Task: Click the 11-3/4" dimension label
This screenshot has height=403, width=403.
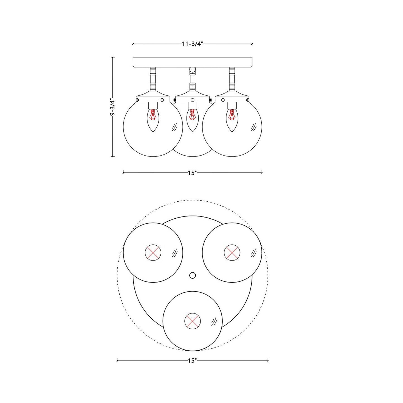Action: tap(192, 44)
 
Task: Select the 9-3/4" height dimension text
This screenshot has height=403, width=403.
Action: tap(112, 107)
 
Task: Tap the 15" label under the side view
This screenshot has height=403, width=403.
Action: tap(192, 173)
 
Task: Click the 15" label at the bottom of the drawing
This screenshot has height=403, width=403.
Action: tap(192, 361)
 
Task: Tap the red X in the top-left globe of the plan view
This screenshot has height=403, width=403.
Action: tap(153, 253)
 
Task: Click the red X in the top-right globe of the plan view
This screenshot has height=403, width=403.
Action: tap(232, 253)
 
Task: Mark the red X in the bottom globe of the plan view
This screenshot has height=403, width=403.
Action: tap(192, 321)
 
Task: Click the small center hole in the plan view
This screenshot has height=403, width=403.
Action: tap(192, 276)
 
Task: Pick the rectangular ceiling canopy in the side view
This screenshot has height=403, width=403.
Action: tap(192, 62)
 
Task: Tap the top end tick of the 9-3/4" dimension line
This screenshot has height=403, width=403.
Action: tap(113, 57)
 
